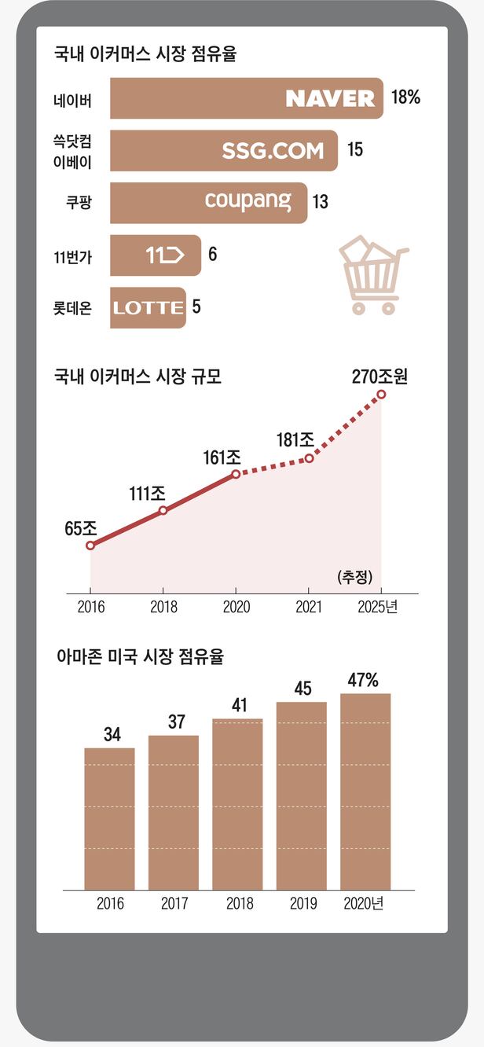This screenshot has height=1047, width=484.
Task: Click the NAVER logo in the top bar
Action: tap(330, 98)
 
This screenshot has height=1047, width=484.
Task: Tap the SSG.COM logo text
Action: tap(273, 151)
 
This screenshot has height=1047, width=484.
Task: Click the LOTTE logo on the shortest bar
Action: tap(148, 307)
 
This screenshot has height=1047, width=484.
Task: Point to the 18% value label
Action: tap(405, 97)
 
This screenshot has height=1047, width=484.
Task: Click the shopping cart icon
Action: tap(373, 275)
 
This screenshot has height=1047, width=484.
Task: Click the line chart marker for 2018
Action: tap(163, 511)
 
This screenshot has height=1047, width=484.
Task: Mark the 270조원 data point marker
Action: tap(382, 395)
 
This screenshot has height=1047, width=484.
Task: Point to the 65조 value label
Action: tap(80, 528)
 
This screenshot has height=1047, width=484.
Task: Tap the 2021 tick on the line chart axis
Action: tap(309, 607)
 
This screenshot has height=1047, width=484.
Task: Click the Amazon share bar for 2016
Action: tap(109, 818)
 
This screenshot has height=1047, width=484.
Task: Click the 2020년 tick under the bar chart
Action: tap(363, 903)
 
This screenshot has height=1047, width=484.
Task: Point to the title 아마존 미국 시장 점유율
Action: tap(140, 657)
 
